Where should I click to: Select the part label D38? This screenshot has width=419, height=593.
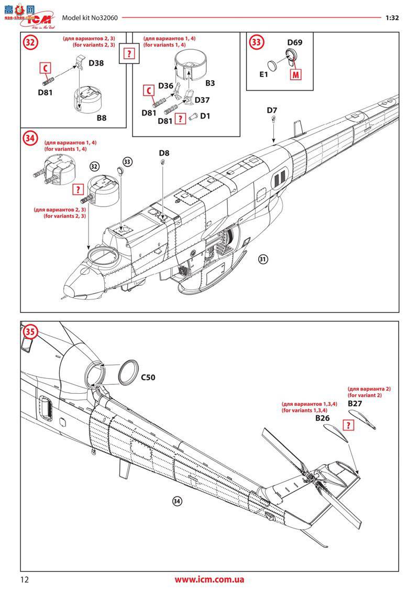(96, 63)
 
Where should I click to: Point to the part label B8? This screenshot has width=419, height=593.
(101, 118)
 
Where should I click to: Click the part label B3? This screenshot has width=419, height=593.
(210, 83)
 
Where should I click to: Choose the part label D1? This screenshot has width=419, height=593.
(205, 116)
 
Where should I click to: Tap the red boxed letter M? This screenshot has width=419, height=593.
(296, 74)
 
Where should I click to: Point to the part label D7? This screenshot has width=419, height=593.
(272, 110)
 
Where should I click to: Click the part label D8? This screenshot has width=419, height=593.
(164, 153)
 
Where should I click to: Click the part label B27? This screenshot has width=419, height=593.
(355, 404)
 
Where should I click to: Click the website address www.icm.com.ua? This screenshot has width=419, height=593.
(210, 579)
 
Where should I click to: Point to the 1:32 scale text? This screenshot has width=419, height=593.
(392, 17)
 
